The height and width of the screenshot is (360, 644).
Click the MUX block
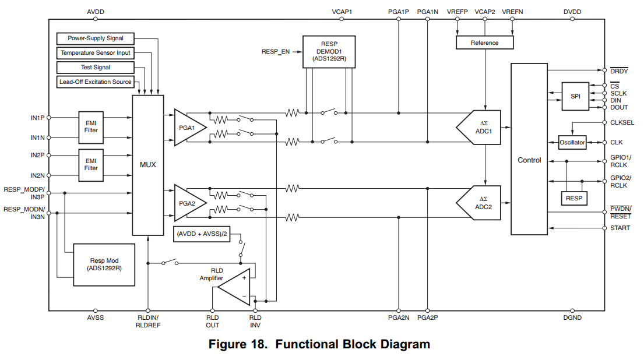tap(148, 165)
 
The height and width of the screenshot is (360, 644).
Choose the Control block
tap(529, 160)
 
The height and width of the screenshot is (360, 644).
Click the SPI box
tap(575, 96)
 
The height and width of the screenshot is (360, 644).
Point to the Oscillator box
tap(572, 143)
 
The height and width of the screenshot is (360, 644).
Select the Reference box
tap(484, 43)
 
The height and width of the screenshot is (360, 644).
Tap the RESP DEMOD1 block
tap(329, 51)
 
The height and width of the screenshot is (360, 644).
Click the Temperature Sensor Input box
tap(96, 53)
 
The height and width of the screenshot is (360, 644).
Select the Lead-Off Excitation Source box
tap(96, 82)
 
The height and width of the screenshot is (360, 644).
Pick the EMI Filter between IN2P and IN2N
tap(91, 164)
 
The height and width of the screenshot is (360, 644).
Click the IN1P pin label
tap(37, 117)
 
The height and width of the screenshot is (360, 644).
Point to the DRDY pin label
tap(619, 71)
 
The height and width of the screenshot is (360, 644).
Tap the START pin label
tap(620, 228)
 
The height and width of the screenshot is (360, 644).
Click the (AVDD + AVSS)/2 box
tap(201, 234)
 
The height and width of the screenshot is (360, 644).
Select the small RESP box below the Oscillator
tap(574, 199)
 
